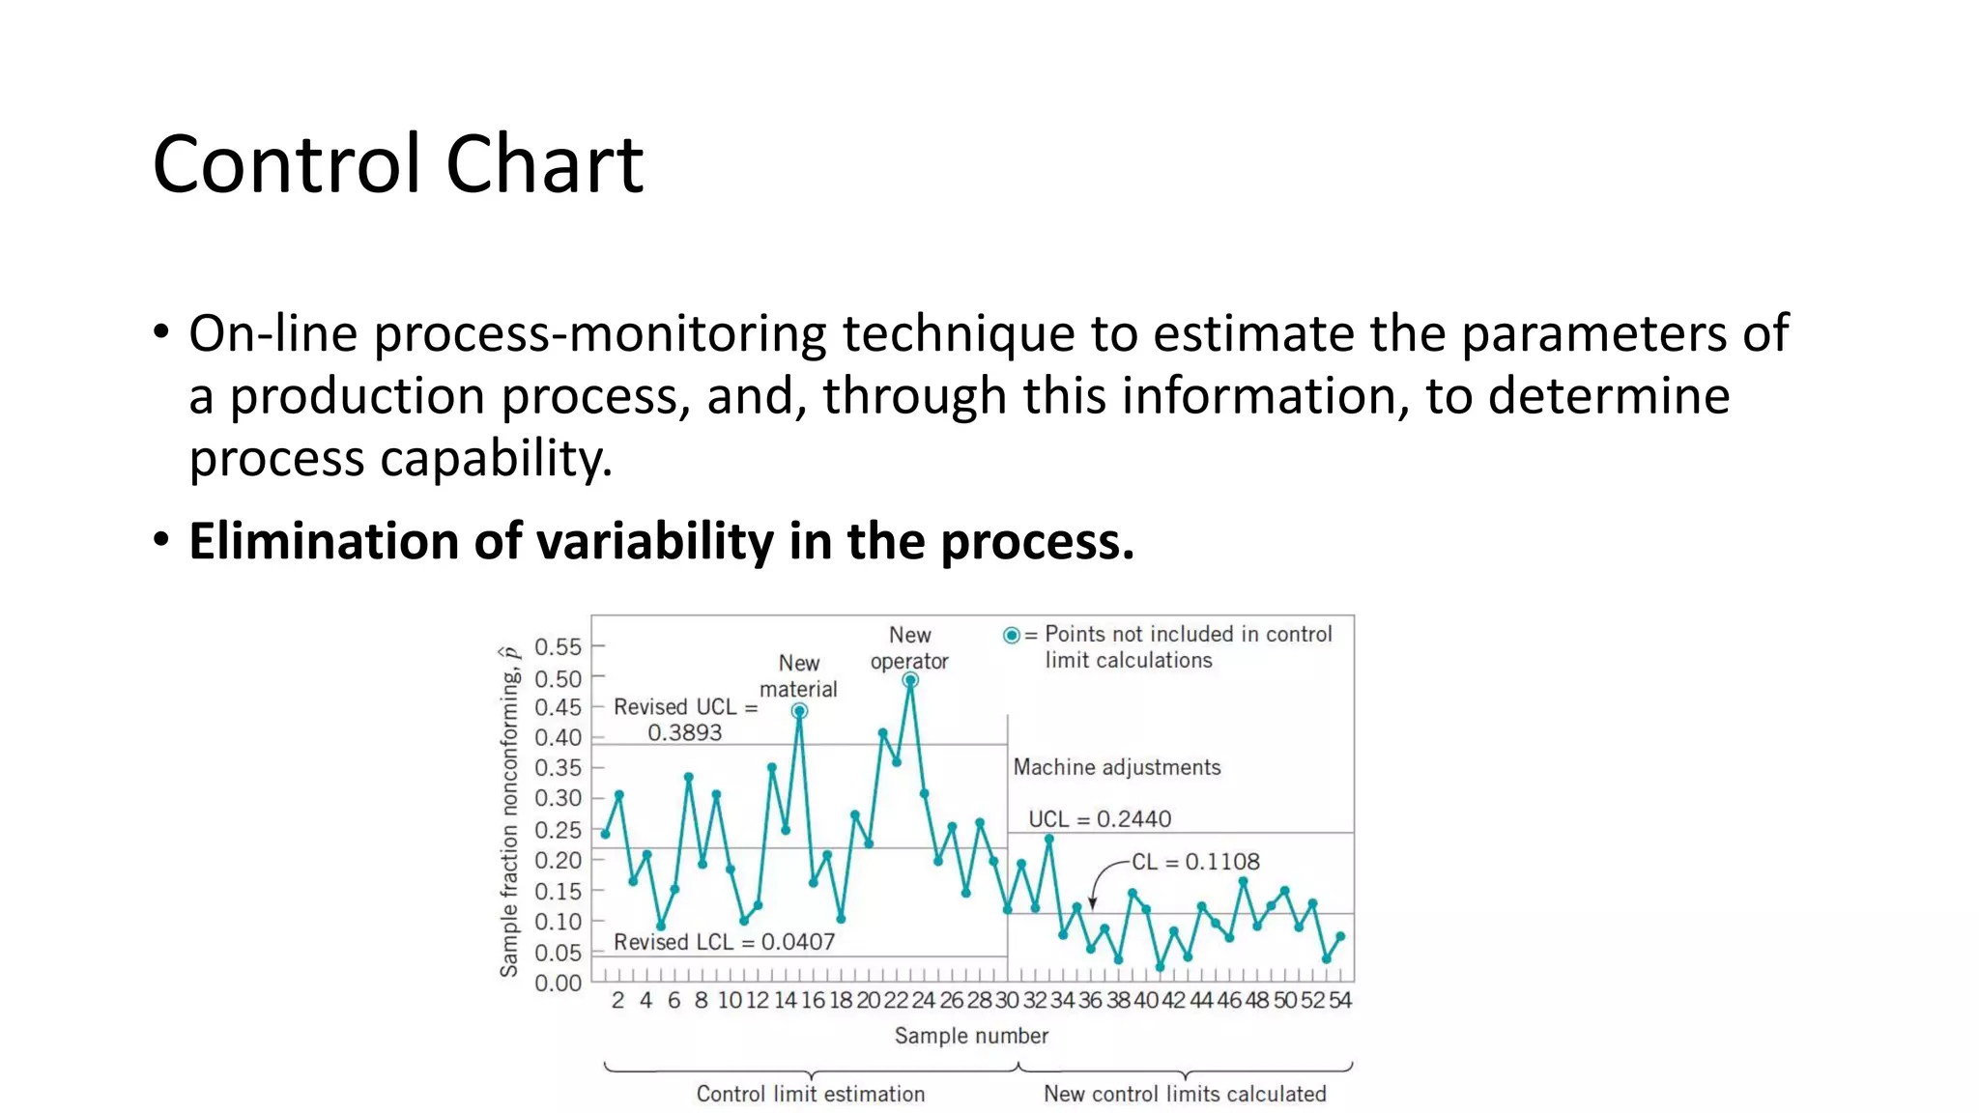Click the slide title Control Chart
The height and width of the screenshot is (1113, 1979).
click(x=397, y=164)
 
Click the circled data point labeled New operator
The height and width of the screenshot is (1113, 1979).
click(x=909, y=680)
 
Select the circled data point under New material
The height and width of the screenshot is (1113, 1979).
click(x=799, y=711)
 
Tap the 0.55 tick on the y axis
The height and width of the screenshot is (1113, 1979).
click(x=558, y=646)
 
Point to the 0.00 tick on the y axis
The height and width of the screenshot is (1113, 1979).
click(x=558, y=984)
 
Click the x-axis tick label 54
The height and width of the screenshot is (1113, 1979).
click(x=1339, y=1001)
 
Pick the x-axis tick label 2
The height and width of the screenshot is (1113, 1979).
click(x=617, y=1001)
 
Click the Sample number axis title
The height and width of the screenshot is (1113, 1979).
click(x=970, y=1036)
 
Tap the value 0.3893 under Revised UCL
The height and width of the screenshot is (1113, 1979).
click(x=684, y=732)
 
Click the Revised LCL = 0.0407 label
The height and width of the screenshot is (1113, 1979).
click(x=724, y=942)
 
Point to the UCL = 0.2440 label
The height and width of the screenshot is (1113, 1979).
click(x=1099, y=819)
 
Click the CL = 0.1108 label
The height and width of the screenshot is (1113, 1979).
click(x=1195, y=862)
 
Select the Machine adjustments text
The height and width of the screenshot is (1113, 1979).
click(x=1116, y=767)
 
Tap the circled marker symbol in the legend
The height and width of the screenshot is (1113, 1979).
click(x=1011, y=636)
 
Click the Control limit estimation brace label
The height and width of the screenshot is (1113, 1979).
click(x=810, y=1094)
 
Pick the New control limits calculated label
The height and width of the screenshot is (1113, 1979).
click(x=1184, y=1094)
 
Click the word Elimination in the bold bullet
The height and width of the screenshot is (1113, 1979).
click(x=323, y=541)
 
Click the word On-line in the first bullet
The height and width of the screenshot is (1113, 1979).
click(x=273, y=334)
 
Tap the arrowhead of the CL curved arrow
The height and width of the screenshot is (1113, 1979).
click(x=1093, y=903)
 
